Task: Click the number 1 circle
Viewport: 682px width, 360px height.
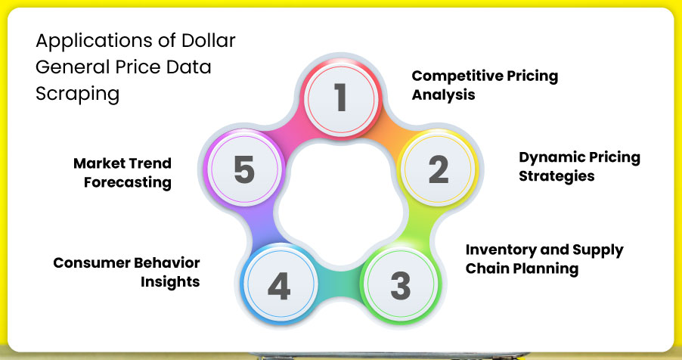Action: tap(340, 98)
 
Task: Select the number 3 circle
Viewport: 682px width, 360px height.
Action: tap(400, 285)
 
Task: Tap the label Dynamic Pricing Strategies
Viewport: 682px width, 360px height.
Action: tap(579, 166)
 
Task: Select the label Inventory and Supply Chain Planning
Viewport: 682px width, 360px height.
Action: tap(544, 259)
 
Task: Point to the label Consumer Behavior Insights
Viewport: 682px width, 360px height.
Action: tap(126, 272)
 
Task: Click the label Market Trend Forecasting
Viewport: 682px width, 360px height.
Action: tap(122, 172)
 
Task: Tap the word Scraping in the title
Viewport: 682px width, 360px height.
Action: tap(78, 94)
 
